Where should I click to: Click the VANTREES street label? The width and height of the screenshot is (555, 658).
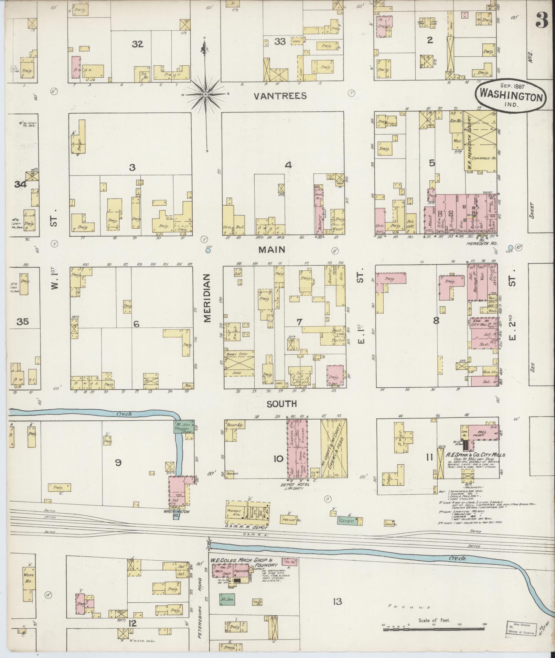point(280,96)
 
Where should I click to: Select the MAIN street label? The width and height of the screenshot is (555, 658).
point(272,249)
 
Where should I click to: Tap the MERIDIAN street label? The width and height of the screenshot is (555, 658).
point(207,298)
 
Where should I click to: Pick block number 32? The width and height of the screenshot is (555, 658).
point(138,44)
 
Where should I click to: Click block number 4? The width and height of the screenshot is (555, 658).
point(288,165)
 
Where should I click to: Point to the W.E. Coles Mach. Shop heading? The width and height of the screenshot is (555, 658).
point(244,562)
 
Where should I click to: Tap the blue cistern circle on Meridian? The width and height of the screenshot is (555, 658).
point(208,251)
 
